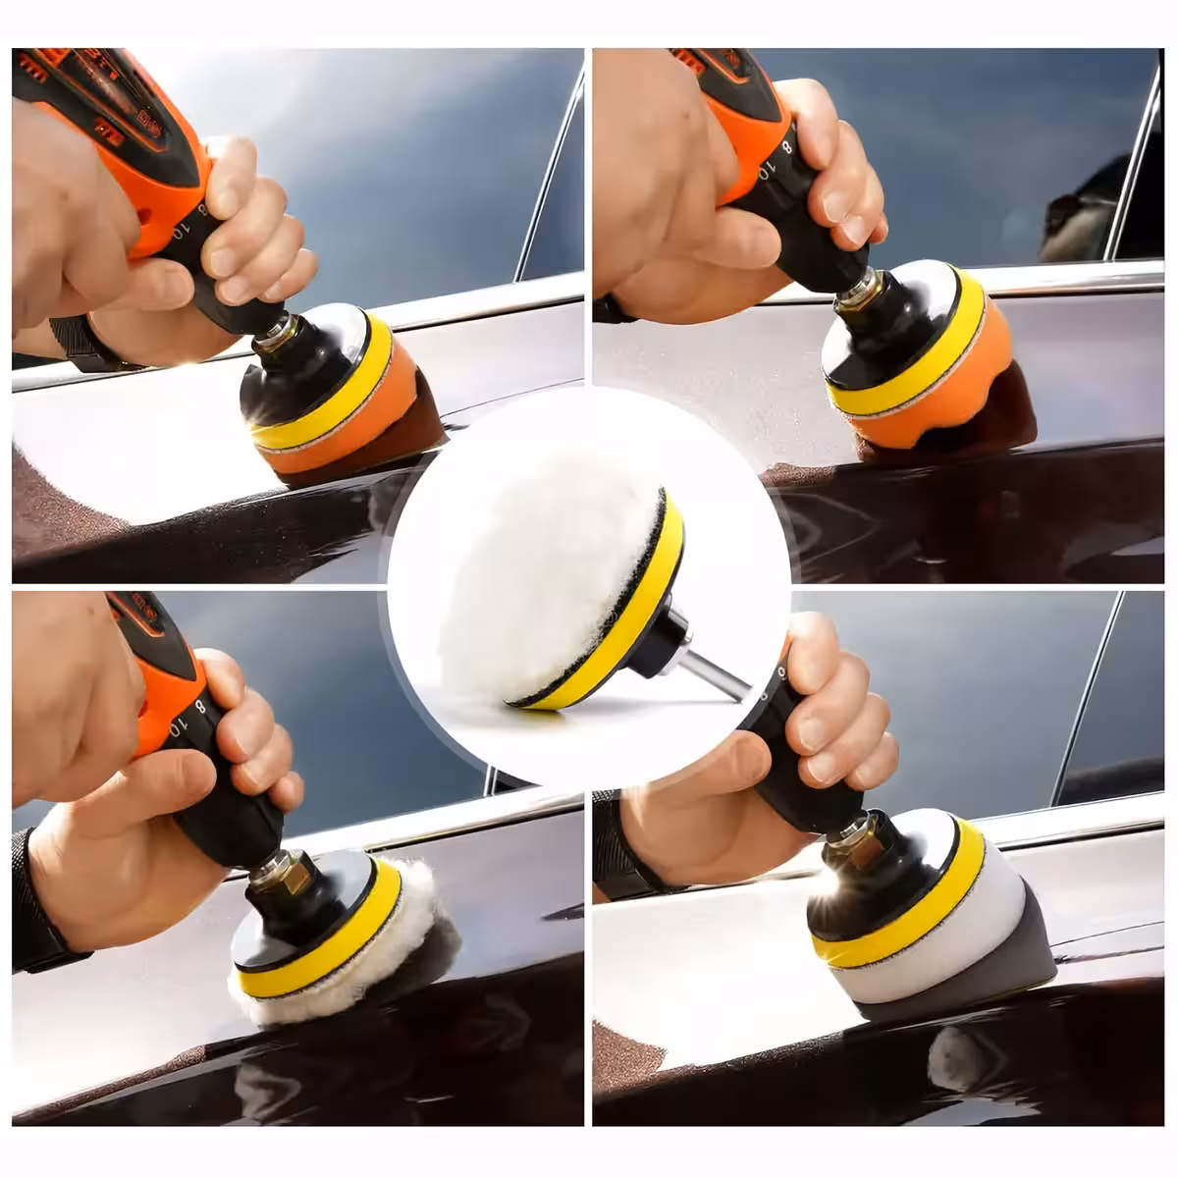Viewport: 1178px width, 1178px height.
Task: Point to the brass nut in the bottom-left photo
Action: point(292,873)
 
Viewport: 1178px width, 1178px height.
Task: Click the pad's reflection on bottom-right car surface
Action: point(957,1060)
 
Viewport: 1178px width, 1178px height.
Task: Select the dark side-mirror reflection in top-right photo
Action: point(1080,211)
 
